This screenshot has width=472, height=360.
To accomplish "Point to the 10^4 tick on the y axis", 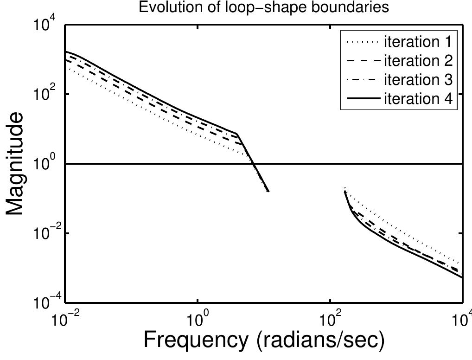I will (47, 26).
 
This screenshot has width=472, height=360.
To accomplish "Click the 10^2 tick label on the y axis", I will (47, 95).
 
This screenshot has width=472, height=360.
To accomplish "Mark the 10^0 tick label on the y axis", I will (47, 164).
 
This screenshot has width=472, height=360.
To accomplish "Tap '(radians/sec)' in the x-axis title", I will (321, 341).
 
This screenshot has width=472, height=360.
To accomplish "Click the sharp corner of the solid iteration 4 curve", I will (237, 134).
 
